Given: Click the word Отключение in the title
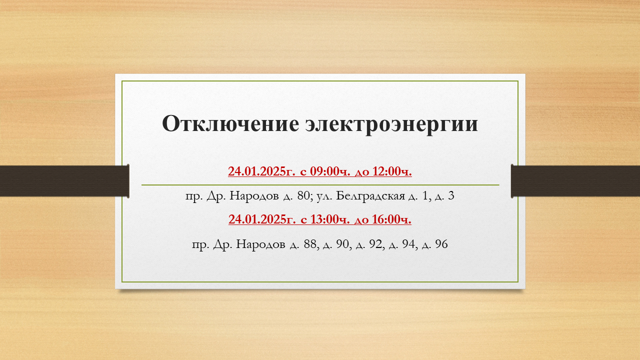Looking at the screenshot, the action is [x=230, y=123].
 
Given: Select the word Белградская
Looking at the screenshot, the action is [x=370, y=196].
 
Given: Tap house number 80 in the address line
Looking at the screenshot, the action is [x=303, y=195].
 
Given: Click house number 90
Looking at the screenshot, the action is [x=342, y=244].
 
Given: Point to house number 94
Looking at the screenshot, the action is [x=408, y=244].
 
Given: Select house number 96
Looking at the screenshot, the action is [x=441, y=244].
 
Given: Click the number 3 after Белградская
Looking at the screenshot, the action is [x=451, y=195].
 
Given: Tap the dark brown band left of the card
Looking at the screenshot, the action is [x=64, y=181].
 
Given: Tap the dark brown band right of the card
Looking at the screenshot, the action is [x=575, y=181].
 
